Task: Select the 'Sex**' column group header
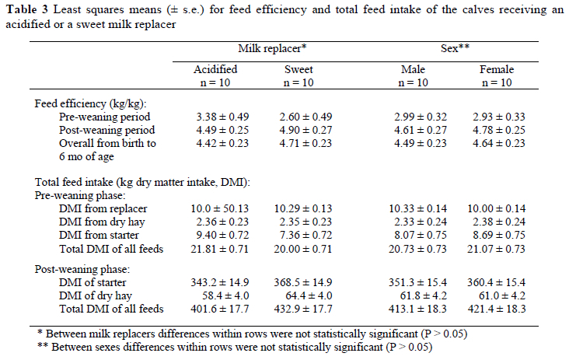(455, 48)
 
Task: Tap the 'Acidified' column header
(215, 69)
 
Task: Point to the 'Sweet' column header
(298, 69)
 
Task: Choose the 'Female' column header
(497, 69)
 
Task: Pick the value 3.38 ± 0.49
(215, 117)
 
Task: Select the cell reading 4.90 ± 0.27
(298, 130)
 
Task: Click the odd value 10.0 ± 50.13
(215, 209)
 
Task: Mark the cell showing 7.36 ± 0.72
(298, 236)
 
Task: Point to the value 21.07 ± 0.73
(497, 249)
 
